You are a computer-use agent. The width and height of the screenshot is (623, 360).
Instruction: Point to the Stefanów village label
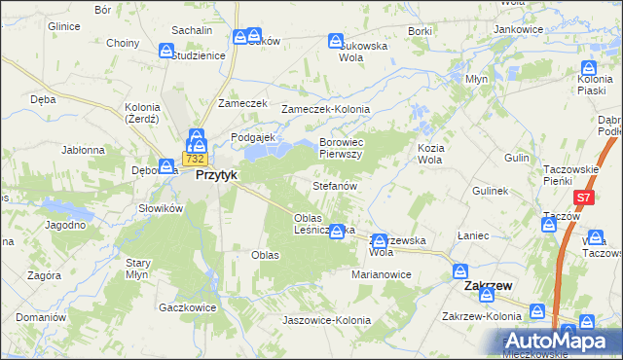(x=336, y=185)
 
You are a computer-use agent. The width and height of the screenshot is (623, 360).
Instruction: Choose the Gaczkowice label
(x=186, y=306)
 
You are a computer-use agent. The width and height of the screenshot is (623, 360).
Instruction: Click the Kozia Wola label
(x=429, y=153)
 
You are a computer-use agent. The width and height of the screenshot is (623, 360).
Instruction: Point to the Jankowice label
(x=518, y=29)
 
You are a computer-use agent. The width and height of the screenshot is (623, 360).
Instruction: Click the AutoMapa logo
(x=560, y=342)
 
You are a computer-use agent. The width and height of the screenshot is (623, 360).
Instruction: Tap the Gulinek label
(x=491, y=192)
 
